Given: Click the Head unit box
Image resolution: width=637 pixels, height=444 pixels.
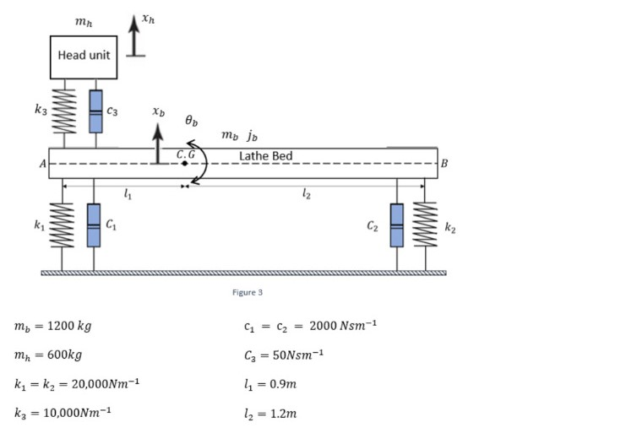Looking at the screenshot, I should click(83, 57).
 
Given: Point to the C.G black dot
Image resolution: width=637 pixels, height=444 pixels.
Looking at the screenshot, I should click(185, 163).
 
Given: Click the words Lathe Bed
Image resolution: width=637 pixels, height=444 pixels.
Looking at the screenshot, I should click(265, 156).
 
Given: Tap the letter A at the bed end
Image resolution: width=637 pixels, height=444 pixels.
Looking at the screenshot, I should click(41, 164).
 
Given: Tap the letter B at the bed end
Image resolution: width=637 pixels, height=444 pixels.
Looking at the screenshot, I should click(444, 163).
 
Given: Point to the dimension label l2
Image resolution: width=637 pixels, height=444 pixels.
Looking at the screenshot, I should click(305, 196).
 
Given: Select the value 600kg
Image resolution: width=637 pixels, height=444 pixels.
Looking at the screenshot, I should click(62, 355).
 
